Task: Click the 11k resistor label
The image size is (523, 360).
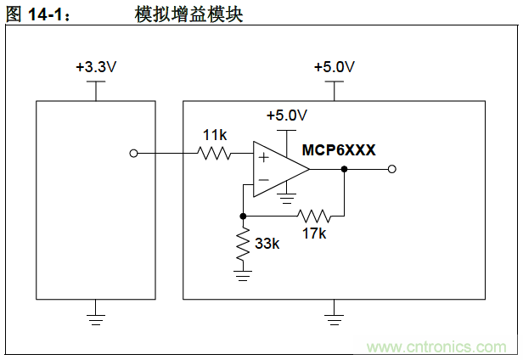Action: [214, 135]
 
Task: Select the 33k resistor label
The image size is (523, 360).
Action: [267, 244]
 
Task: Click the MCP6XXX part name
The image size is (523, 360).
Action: [339, 149]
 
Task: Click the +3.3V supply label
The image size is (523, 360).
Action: [95, 67]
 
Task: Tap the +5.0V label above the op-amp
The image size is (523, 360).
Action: [287, 115]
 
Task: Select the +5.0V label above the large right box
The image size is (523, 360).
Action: [335, 67]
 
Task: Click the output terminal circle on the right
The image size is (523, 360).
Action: [391, 169]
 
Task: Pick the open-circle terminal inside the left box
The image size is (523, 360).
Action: [132, 154]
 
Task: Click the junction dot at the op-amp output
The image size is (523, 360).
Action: [344, 169]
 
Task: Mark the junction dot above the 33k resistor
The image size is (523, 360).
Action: [244, 216]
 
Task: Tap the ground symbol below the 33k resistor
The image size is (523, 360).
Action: [244, 273]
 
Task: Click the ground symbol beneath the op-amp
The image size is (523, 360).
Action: [287, 201]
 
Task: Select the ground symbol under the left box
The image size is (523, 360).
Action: [95, 319]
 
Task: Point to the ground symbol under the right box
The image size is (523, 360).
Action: [335, 319]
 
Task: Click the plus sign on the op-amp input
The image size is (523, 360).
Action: [263, 157]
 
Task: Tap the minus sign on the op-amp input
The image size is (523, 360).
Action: [263, 180]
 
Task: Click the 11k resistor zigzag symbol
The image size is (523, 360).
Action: [214, 154]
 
